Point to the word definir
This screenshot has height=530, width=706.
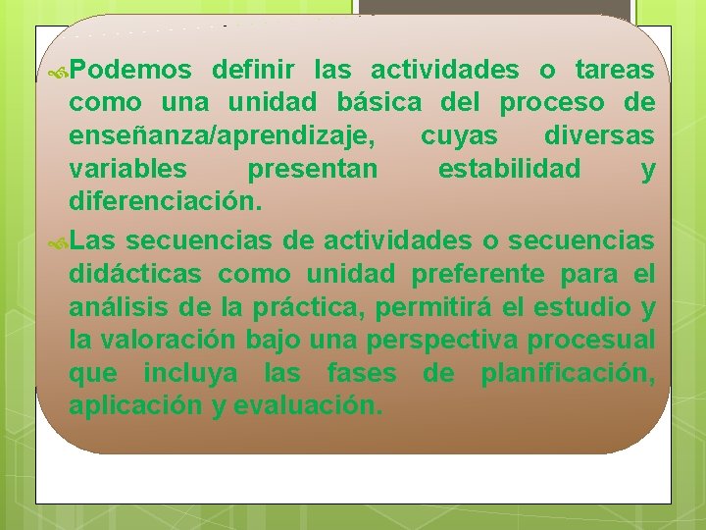click(x=257, y=71)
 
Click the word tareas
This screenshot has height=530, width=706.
click(x=615, y=71)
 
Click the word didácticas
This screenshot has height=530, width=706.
click(x=136, y=273)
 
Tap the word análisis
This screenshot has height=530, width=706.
click(x=117, y=306)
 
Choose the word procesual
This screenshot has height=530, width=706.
click(x=590, y=340)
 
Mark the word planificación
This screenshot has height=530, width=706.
click(x=568, y=373)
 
